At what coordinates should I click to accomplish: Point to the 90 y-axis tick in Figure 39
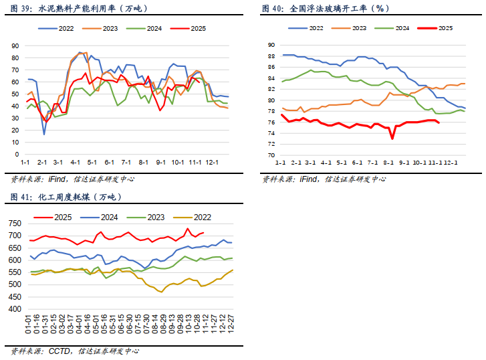point(13,46)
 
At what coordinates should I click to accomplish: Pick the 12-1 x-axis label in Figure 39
point(212,163)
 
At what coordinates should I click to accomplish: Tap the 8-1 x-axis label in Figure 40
point(389,163)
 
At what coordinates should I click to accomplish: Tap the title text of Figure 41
point(66,197)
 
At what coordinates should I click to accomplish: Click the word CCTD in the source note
point(59,351)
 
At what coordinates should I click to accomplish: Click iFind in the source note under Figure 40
point(310,179)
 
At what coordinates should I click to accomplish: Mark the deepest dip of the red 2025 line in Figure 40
point(392,139)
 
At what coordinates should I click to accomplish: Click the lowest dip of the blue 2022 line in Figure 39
point(44,134)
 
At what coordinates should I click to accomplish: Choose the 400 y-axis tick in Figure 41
point(14,310)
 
